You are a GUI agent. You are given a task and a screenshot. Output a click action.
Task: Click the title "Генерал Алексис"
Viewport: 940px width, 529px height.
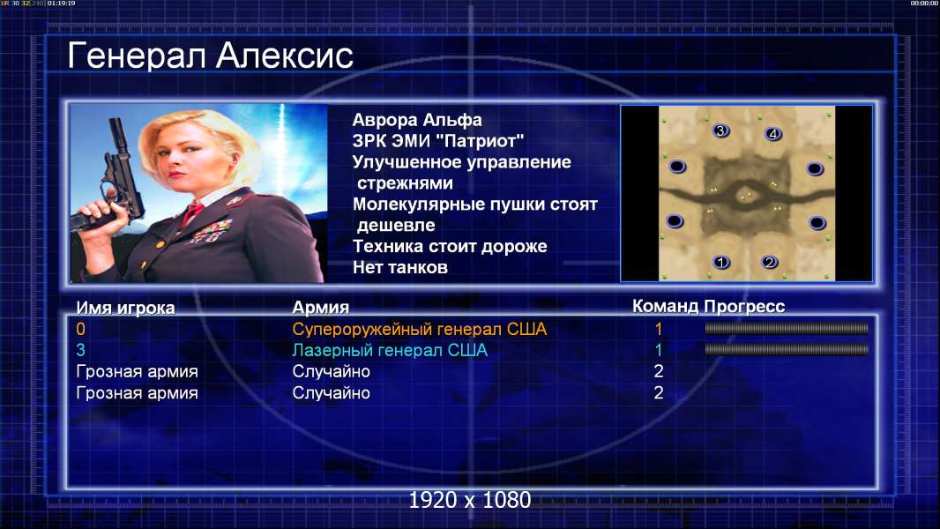tap(210, 56)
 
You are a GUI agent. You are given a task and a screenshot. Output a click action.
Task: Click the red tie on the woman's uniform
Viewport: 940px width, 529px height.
tap(193, 212)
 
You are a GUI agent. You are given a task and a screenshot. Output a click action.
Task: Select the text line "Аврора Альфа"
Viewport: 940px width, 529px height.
tap(416, 120)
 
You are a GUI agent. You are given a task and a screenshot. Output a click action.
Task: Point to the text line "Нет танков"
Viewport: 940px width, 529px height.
tap(399, 267)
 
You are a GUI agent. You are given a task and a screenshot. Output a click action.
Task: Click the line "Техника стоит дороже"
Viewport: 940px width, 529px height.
tap(450, 246)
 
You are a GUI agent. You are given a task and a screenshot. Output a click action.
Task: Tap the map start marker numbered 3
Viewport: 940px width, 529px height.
tap(720, 130)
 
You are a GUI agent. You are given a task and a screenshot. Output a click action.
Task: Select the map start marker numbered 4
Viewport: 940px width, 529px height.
tap(772, 134)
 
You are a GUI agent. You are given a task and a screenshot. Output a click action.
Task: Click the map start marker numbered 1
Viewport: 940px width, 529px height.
tap(721, 262)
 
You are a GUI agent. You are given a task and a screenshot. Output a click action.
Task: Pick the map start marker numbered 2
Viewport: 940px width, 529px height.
tap(769, 262)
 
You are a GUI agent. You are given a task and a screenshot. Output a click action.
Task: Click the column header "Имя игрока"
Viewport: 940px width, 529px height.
tap(125, 308)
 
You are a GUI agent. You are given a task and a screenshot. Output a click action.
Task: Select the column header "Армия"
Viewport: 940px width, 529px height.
tap(320, 308)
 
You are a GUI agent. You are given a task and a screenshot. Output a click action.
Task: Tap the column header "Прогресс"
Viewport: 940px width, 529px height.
tap(744, 306)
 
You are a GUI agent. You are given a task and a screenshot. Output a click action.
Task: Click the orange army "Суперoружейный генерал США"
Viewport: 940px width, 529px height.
tap(420, 329)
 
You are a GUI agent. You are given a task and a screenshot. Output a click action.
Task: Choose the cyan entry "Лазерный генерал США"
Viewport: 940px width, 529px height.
tap(390, 350)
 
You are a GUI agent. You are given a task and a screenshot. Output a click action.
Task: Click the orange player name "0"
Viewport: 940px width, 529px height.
tap(81, 329)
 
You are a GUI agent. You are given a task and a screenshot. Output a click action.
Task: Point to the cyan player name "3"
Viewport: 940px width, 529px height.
tap(81, 350)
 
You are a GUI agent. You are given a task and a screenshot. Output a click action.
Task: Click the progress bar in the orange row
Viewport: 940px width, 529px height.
tap(786, 328)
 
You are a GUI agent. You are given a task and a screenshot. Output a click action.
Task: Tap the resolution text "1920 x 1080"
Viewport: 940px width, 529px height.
tap(469, 500)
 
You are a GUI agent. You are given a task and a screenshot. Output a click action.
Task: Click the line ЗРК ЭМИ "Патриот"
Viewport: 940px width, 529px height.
tap(438, 141)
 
